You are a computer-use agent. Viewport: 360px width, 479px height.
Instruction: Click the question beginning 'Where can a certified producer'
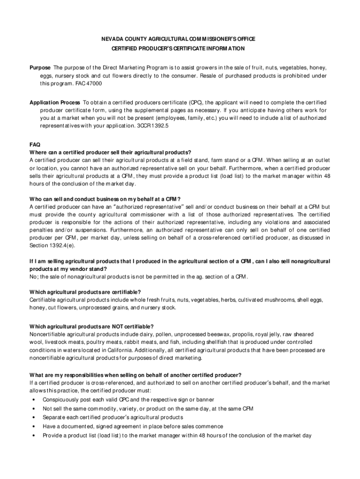[x=110, y=152]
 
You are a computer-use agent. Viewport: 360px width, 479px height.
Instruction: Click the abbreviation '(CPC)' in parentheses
[x=195, y=102]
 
